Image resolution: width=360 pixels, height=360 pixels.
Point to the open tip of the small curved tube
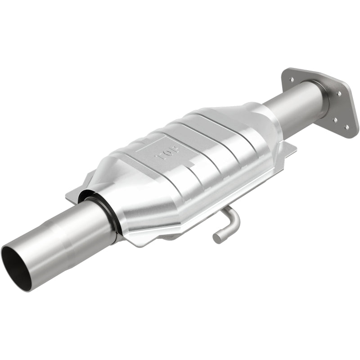click(x=217, y=238)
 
